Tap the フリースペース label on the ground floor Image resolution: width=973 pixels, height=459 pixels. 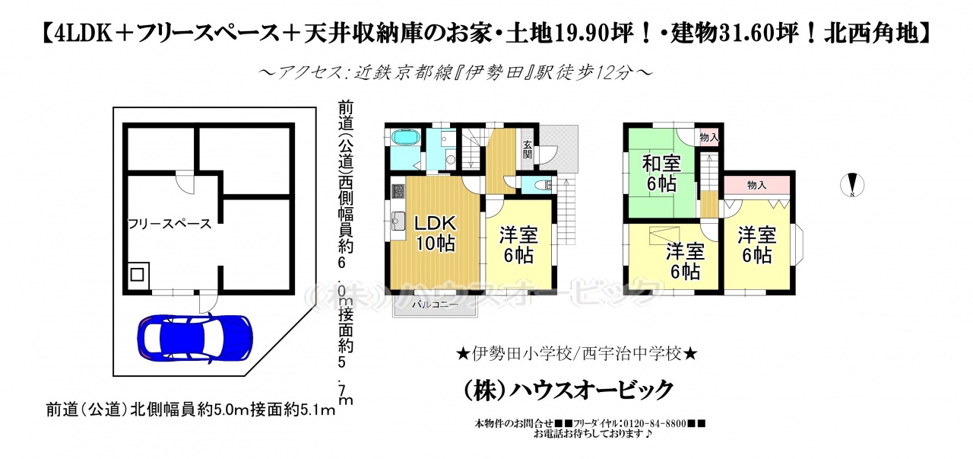pyautogui.click(x=170, y=224)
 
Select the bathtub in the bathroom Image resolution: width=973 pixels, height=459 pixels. pyautogui.click(x=406, y=138)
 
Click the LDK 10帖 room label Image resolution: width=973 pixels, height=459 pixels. pyautogui.click(x=436, y=233)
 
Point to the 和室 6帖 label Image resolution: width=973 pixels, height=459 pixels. pyautogui.click(x=661, y=174)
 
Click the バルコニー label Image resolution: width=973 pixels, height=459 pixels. pyautogui.click(x=435, y=304)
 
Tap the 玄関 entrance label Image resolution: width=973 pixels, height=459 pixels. pyautogui.click(x=528, y=149)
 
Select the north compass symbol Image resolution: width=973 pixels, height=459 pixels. pyautogui.click(x=852, y=185)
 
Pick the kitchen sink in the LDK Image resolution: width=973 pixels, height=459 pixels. pyautogui.click(x=398, y=221)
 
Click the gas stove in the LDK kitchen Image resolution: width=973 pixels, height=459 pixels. pyautogui.click(x=398, y=191)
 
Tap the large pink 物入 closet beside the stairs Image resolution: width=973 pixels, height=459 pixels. pyautogui.click(x=756, y=185)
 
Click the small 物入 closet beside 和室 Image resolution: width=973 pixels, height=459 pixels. pyautogui.click(x=709, y=138)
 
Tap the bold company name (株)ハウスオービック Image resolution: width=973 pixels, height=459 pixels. pyautogui.click(x=569, y=390)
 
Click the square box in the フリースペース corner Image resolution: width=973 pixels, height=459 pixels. pyautogui.click(x=138, y=275)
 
